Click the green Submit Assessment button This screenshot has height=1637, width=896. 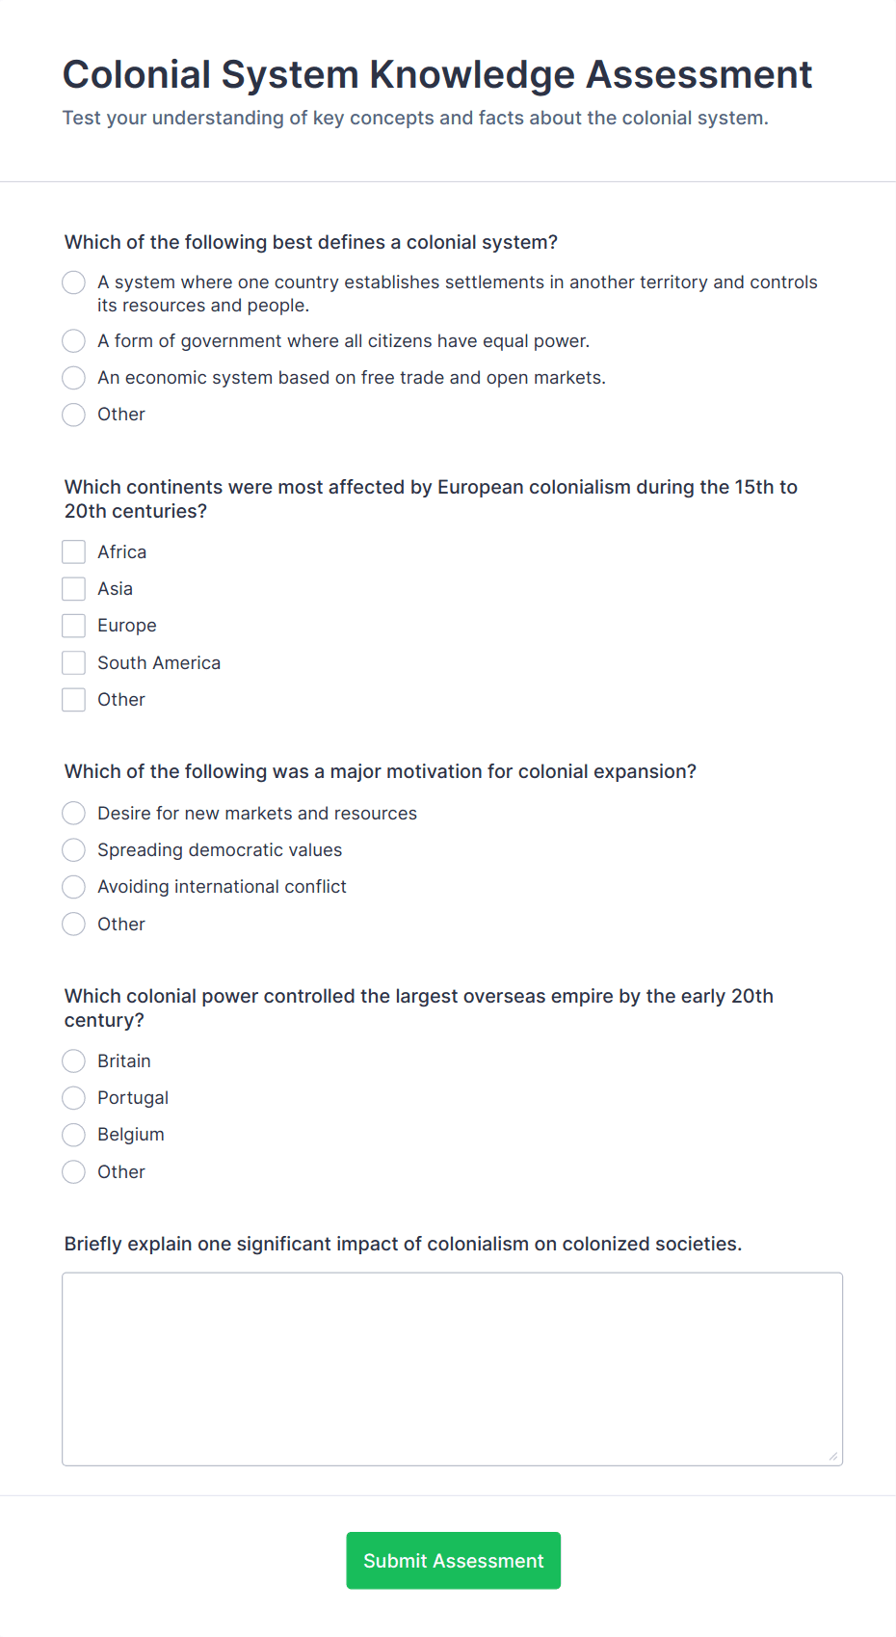pyautogui.click(x=453, y=1560)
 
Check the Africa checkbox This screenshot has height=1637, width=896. pyautogui.click(x=74, y=552)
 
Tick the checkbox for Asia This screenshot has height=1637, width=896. pyautogui.click(x=74, y=589)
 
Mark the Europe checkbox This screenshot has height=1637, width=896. pyautogui.click(x=74, y=626)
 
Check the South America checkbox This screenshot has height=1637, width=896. pyautogui.click(x=74, y=663)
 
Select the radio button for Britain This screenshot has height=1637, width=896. pyautogui.click(x=74, y=1061)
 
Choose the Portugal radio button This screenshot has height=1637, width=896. pyautogui.click(x=74, y=1098)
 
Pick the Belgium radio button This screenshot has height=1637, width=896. pyautogui.click(x=74, y=1135)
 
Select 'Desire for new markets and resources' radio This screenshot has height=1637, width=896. pyautogui.click(x=74, y=814)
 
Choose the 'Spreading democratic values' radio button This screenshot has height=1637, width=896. pyautogui.click(x=74, y=850)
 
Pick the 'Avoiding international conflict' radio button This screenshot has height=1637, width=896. pyautogui.click(x=74, y=887)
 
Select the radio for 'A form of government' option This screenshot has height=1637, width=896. pyautogui.click(x=74, y=341)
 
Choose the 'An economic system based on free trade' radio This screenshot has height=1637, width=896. pyautogui.click(x=74, y=378)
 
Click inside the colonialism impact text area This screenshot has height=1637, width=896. pyautogui.click(x=452, y=1369)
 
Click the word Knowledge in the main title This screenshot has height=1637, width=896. pyautogui.click(x=472, y=75)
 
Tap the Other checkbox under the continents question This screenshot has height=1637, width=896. pyautogui.click(x=74, y=700)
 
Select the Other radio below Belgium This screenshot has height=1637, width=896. pyautogui.click(x=74, y=1172)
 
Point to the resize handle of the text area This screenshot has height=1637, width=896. pyautogui.click(x=833, y=1456)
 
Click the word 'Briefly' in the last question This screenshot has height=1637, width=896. pyautogui.click(x=93, y=1245)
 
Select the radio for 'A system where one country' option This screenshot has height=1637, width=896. pyautogui.click(x=74, y=282)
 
